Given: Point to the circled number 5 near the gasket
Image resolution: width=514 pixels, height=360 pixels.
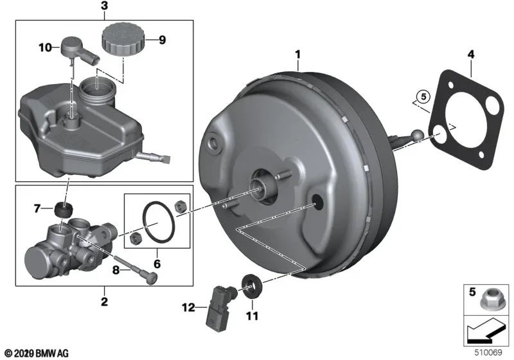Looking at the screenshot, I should coord(421,98).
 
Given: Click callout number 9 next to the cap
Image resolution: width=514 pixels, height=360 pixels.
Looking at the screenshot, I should coord(162,40).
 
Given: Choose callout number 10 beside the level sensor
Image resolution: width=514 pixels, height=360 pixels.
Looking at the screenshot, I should coord(44,47).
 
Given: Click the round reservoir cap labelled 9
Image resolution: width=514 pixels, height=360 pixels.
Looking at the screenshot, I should coord(121,40).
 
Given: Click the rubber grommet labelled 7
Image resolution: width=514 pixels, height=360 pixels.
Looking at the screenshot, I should coord(63,210).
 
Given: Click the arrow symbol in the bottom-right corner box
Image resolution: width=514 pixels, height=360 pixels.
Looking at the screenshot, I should coord(486,332).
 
